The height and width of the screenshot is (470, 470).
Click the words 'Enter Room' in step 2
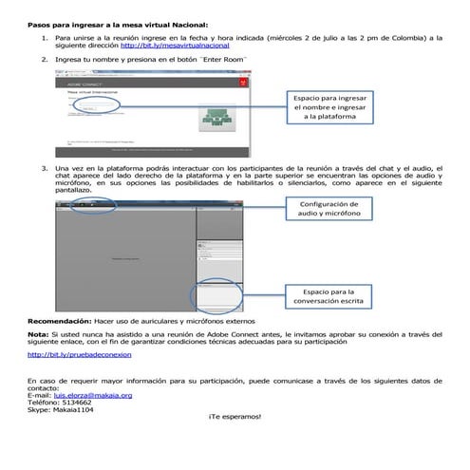pos(220,59)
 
